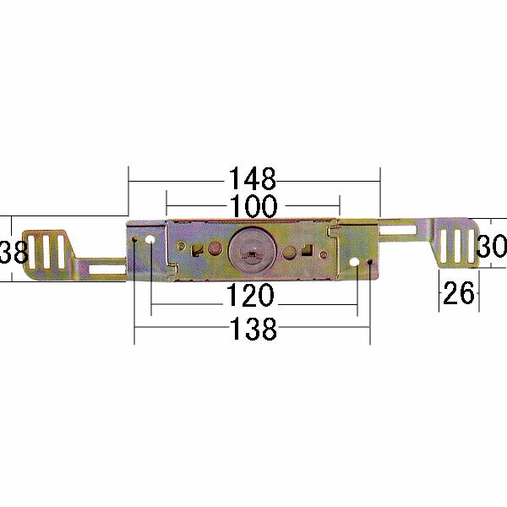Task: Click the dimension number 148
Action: tap(252, 179)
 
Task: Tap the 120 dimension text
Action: tap(252, 296)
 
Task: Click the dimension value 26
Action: tap(458, 295)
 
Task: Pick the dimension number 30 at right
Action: tap(492, 247)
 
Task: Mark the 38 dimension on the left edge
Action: tap(9, 250)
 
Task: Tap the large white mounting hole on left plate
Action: tap(150, 241)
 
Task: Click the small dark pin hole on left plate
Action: tap(135, 243)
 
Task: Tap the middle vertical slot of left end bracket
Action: tap(48, 251)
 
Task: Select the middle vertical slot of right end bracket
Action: tap(457, 246)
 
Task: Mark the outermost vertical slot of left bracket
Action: tap(35, 251)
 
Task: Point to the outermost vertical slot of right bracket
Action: tap(470, 246)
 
